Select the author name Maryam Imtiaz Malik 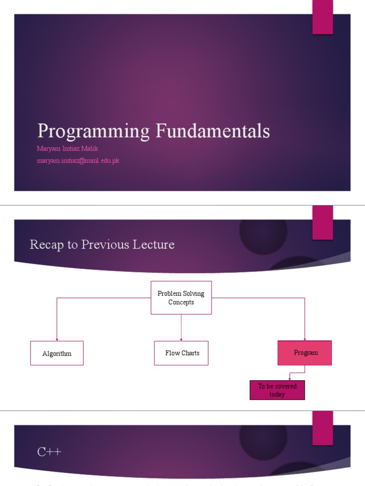tap(67, 149)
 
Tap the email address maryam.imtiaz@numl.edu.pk tap(78, 160)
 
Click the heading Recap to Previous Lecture tap(102, 244)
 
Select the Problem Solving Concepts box tap(181, 298)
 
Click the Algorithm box tap(57, 353)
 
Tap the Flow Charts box tap(181, 353)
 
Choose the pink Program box tap(305, 353)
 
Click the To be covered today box tap(277, 390)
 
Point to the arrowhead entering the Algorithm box tap(57, 339)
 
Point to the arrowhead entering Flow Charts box tap(181, 339)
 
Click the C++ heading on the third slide tap(49, 452)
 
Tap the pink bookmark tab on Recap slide tap(322, 222)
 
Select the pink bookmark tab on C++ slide tap(322, 428)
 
